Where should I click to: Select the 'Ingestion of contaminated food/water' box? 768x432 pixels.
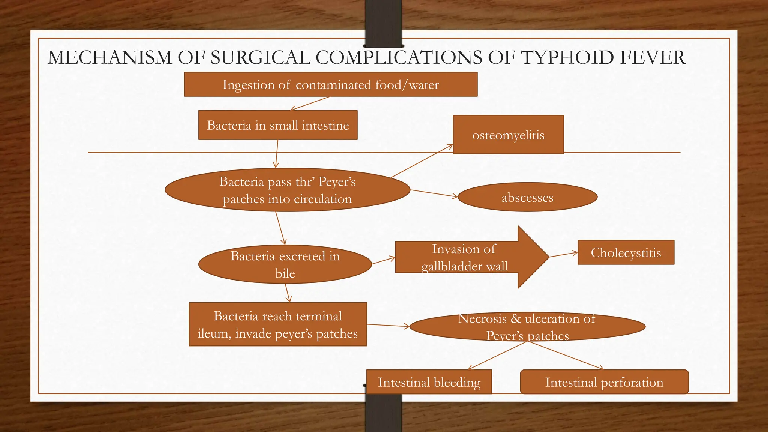point(330,84)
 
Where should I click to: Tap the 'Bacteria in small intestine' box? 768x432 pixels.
point(278,125)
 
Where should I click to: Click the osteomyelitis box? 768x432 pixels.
point(508,135)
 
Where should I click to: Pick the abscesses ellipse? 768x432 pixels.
point(527,197)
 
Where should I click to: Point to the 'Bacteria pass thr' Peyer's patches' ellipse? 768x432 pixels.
point(287,190)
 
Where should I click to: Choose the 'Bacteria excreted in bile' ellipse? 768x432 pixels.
point(285,264)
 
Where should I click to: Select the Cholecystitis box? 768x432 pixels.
point(625,252)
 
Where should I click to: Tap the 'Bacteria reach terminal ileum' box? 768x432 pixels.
point(278,324)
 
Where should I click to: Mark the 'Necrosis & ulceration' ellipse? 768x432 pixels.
point(527,327)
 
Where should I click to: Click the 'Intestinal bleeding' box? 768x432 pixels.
point(429,382)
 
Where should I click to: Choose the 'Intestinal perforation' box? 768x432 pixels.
point(604,382)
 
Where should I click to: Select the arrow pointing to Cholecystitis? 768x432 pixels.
point(563,255)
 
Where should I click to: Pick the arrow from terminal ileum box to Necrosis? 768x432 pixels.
point(388,325)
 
